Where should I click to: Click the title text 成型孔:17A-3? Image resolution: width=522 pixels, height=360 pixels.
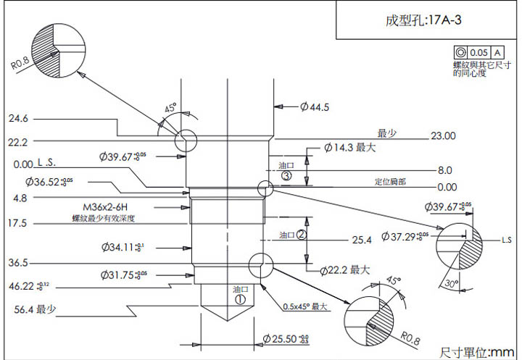424,20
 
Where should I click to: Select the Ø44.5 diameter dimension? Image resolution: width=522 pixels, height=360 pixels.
315,107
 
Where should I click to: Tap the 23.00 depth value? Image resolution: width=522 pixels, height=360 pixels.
443,135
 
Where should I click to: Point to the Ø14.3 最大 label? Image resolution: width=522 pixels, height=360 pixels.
349,148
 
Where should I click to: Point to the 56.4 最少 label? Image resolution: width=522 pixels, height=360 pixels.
36,310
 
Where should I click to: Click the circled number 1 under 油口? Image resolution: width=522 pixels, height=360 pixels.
240,298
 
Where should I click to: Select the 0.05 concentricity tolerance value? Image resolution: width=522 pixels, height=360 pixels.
479,53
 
